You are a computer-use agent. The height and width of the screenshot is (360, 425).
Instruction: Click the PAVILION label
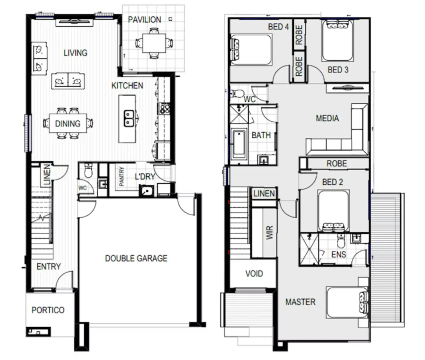coord(144,20)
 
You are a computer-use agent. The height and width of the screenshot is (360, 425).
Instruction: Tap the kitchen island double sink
coord(129,118)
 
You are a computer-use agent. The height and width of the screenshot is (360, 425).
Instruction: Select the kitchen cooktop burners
coord(165,109)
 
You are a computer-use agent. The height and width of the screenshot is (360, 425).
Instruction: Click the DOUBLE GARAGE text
coord(136,258)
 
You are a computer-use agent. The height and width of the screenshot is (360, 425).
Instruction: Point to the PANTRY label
coord(122,176)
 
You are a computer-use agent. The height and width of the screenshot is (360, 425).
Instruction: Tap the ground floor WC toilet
coord(88,171)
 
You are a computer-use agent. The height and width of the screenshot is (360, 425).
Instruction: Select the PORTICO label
coord(48,310)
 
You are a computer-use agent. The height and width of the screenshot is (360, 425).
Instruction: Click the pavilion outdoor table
coord(154,43)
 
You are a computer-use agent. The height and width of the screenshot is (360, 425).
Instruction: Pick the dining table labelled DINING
coord(68,124)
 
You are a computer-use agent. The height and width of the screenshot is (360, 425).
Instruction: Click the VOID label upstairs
coord(254,273)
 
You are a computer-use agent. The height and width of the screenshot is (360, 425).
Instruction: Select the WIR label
coord(269,232)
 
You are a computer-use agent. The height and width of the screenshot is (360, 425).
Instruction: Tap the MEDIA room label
coord(327,118)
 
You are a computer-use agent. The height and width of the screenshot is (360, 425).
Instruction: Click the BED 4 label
coord(278,27)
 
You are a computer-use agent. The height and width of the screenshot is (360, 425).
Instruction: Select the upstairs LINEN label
coord(264,193)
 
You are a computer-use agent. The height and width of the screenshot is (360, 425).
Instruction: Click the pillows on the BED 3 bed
coord(337,25)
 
